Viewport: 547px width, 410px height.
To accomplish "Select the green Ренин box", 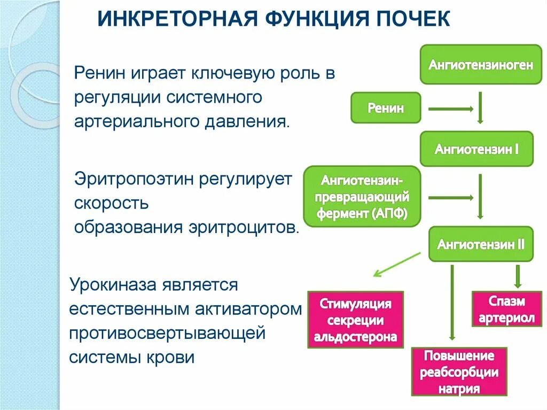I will click(x=385, y=108).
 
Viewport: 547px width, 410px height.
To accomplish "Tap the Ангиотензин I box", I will click(x=476, y=149).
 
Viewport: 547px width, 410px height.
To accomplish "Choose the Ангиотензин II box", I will click(x=481, y=244).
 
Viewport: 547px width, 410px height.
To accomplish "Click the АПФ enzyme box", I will click(x=362, y=195).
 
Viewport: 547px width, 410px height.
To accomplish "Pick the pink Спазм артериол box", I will click(x=506, y=310).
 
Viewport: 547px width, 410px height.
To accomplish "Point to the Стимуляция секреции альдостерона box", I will click(x=355, y=320).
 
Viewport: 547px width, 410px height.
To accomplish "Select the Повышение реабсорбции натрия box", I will click(x=459, y=372).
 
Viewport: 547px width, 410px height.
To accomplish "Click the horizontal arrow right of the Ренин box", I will click(x=451, y=109).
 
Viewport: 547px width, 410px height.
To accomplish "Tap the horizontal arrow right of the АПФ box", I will click(x=451, y=198).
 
